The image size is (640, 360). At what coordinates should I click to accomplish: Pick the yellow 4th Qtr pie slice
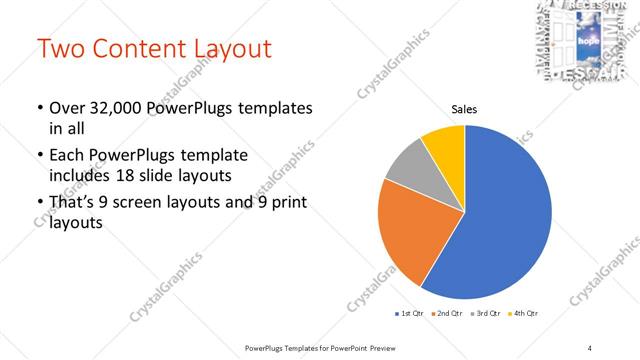point(443,145)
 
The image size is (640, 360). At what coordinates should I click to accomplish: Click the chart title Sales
point(464,109)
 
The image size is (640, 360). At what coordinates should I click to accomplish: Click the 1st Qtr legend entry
point(411,314)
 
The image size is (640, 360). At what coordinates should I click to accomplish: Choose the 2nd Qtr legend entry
point(447,314)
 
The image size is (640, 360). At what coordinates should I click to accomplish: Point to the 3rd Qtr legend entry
point(484,314)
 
